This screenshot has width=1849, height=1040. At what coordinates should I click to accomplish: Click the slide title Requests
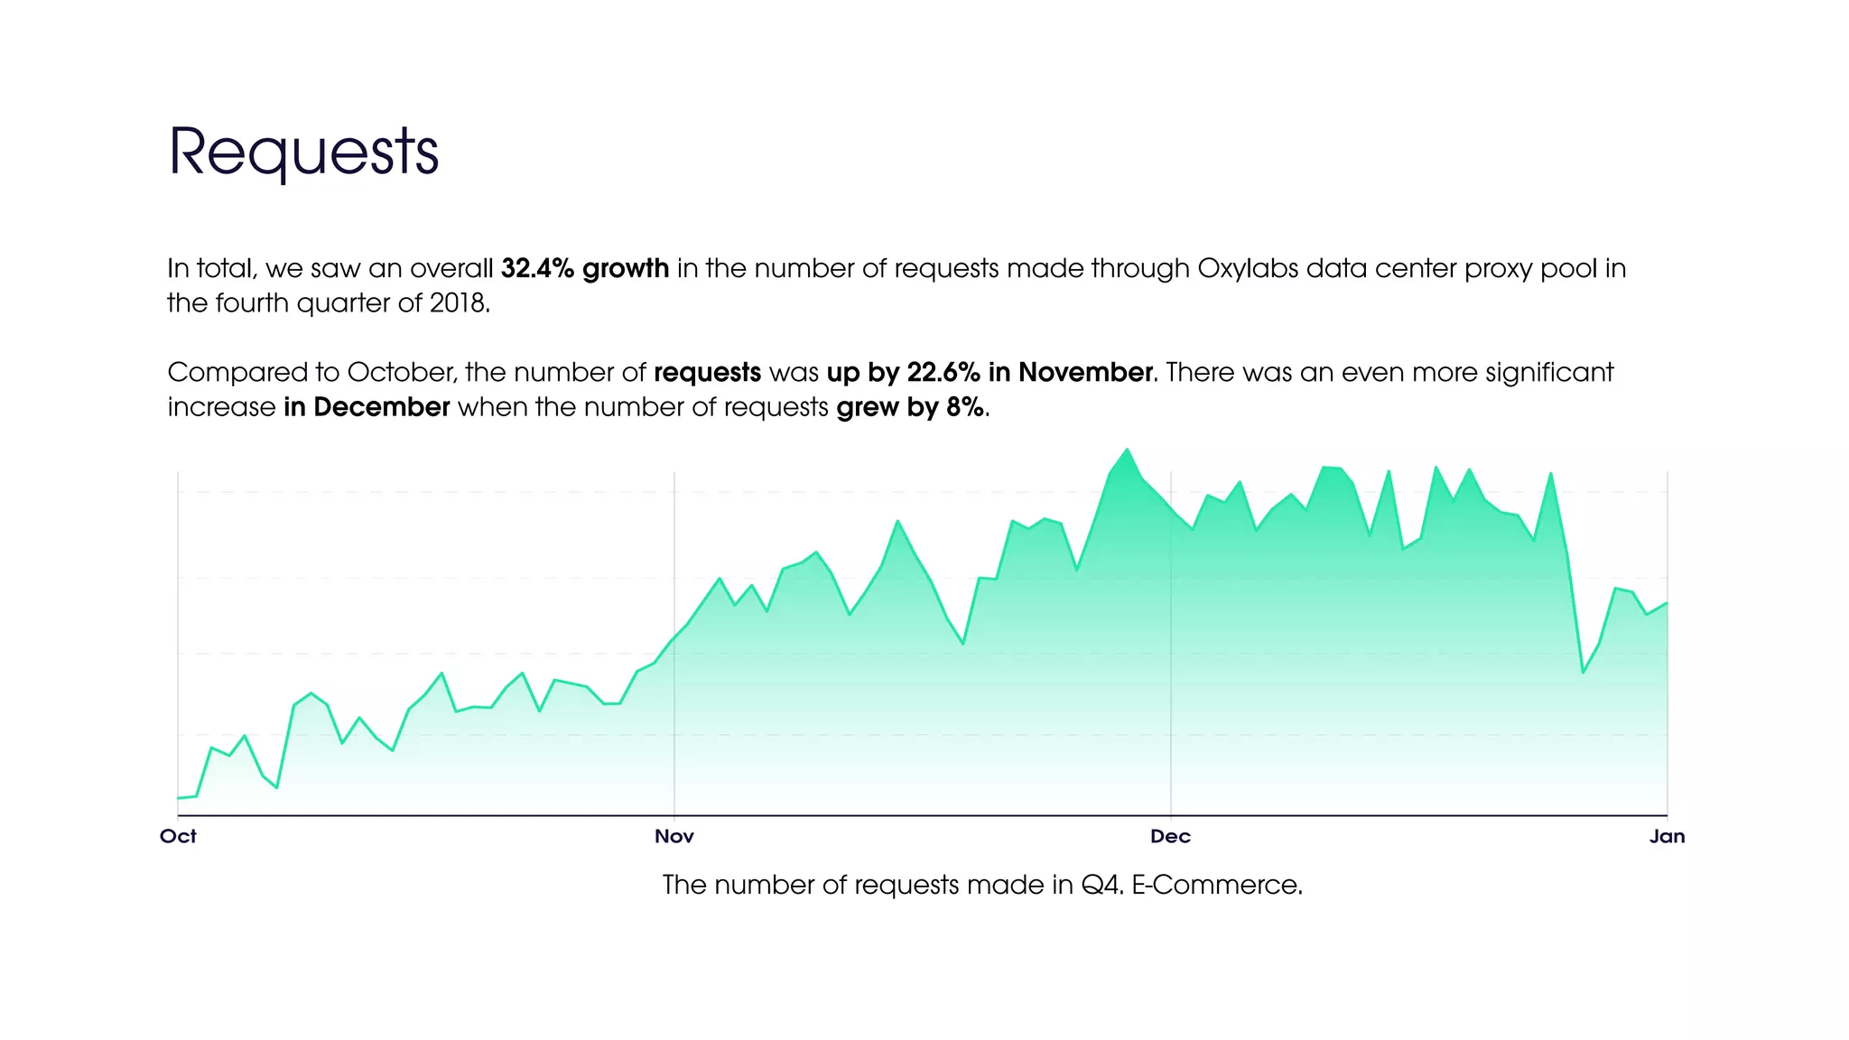pyautogui.click(x=303, y=152)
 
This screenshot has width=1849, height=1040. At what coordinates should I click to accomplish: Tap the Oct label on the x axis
pyautogui.click(x=178, y=836)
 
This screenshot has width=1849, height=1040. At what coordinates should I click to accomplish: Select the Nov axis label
pyautogui.click(x=674, y=836)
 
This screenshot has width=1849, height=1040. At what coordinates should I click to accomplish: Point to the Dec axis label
pyautogui.click(x=1170, y=836)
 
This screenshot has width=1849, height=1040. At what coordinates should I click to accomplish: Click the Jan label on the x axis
pyautogui.click(x=1667, y=836)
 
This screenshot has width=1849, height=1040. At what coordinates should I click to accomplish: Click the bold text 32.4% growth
pyautogui.click(x=585, y=269)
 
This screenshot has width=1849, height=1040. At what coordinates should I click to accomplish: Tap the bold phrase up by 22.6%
pyautogui.click(x=903, y=373)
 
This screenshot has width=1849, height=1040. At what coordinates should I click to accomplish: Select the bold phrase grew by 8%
pyautogui.click(x=910, y=407)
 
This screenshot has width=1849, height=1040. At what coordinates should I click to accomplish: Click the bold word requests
pyautogui.click(x=707, y=373)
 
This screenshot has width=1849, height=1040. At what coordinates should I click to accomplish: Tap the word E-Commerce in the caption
pyautogui.click(x=1215, y=885)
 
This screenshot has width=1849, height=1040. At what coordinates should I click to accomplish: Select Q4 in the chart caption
pyautogui.click(x=1101, y=885)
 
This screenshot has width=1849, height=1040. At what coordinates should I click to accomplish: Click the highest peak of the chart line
pyautogui.click(x=1127, y=450)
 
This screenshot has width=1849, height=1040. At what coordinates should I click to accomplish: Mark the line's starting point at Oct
pyautogui.click(x=179, y=798)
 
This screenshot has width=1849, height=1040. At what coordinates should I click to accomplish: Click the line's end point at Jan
pyautogui.click(x=1667, y=603)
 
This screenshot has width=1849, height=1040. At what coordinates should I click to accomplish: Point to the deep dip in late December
pyautogui.click(x=1583, y=673)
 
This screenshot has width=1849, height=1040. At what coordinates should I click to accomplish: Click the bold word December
pyautogui.click(x=381, y=407)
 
